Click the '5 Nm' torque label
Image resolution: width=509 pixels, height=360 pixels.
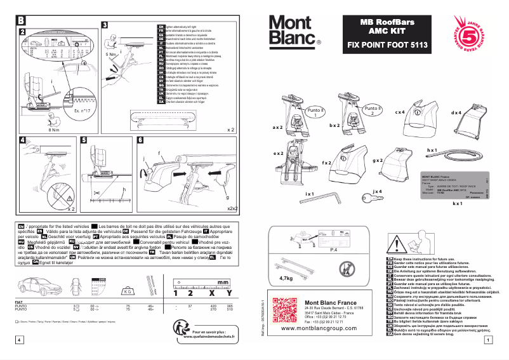112,55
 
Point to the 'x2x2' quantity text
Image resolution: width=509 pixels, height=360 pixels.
232,208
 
